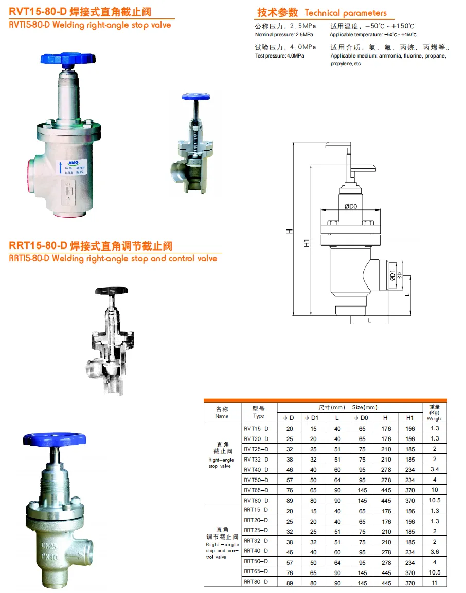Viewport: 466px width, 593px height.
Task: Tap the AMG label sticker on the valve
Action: click(73, 166)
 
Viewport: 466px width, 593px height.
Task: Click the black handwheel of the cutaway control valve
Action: click(111, 291)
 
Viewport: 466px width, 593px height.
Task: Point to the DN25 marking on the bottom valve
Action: click(49, 546)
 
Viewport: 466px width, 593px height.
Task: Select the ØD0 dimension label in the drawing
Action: click(350, 206)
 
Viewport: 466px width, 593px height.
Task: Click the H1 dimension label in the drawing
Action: click(307, 243)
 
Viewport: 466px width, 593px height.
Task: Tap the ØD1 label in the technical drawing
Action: click(392, 275)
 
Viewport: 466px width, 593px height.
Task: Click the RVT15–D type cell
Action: click(256, 429)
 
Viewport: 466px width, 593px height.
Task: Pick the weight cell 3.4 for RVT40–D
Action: click(435, 469)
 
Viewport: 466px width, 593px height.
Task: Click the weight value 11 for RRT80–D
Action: click(434, 583)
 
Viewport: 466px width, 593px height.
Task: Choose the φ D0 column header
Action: click(361, 418)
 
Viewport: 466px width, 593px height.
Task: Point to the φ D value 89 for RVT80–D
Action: click(290, 501)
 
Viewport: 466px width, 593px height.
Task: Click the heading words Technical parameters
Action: click(346, 13)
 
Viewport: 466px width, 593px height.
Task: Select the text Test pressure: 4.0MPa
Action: click(280, 55)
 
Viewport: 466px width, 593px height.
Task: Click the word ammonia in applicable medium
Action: click(390, 55)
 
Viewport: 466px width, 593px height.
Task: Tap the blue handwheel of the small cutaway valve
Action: click(196, 97)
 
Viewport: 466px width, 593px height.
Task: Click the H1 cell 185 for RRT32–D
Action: click(410, 542)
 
